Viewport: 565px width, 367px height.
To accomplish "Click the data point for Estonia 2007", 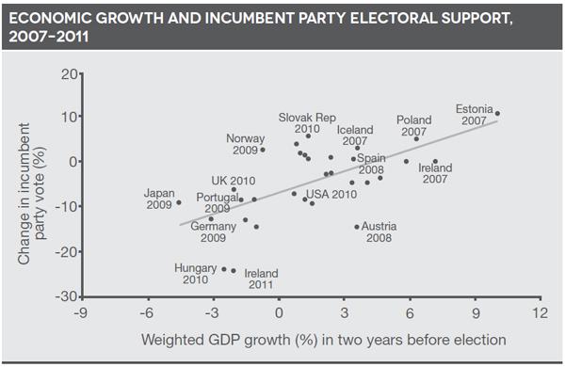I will click(497, 114).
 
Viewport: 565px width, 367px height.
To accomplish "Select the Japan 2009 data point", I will click(179, 202).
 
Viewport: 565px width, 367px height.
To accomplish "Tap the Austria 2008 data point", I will click(357, 227).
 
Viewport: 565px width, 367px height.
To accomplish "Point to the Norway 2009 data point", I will click(263, 150).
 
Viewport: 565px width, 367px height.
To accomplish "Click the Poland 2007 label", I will click(413, 126).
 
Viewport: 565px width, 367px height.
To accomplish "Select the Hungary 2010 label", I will click(196, 274).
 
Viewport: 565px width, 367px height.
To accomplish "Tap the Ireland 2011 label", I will click(261, 279).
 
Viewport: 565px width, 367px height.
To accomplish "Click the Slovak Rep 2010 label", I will click(307, 123).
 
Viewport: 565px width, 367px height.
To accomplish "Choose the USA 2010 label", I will click(331, 195).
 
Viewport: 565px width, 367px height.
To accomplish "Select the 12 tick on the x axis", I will click(540, 313).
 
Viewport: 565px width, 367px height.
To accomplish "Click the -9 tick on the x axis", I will click(82, 313).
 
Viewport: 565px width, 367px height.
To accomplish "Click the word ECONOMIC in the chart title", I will click(54, 20).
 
